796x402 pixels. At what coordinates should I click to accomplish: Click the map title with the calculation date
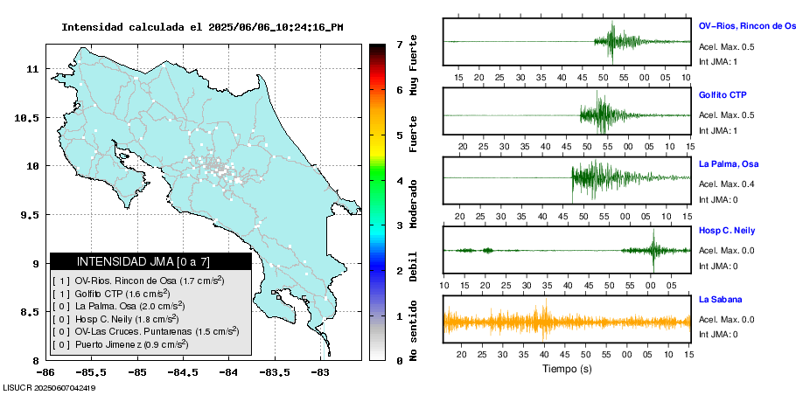pos(202,27)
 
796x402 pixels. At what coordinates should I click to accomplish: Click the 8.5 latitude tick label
pos(28,312)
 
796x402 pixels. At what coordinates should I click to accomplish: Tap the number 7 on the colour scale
pos(399,44)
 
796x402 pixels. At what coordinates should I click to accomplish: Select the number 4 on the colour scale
pos(399,181)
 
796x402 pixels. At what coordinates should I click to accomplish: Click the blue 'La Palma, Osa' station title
pos(729,164)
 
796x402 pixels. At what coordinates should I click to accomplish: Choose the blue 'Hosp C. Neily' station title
pos(726,232)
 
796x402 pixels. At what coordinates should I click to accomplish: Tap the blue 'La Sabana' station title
pos(718,300)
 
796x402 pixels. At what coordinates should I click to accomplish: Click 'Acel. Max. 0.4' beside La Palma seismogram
pos(726,184)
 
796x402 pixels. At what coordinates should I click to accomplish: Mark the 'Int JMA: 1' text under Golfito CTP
pos(718,130)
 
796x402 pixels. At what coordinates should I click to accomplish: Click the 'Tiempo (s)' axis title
pos(567,370)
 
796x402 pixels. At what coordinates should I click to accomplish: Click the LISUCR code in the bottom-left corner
pos(49,388)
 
